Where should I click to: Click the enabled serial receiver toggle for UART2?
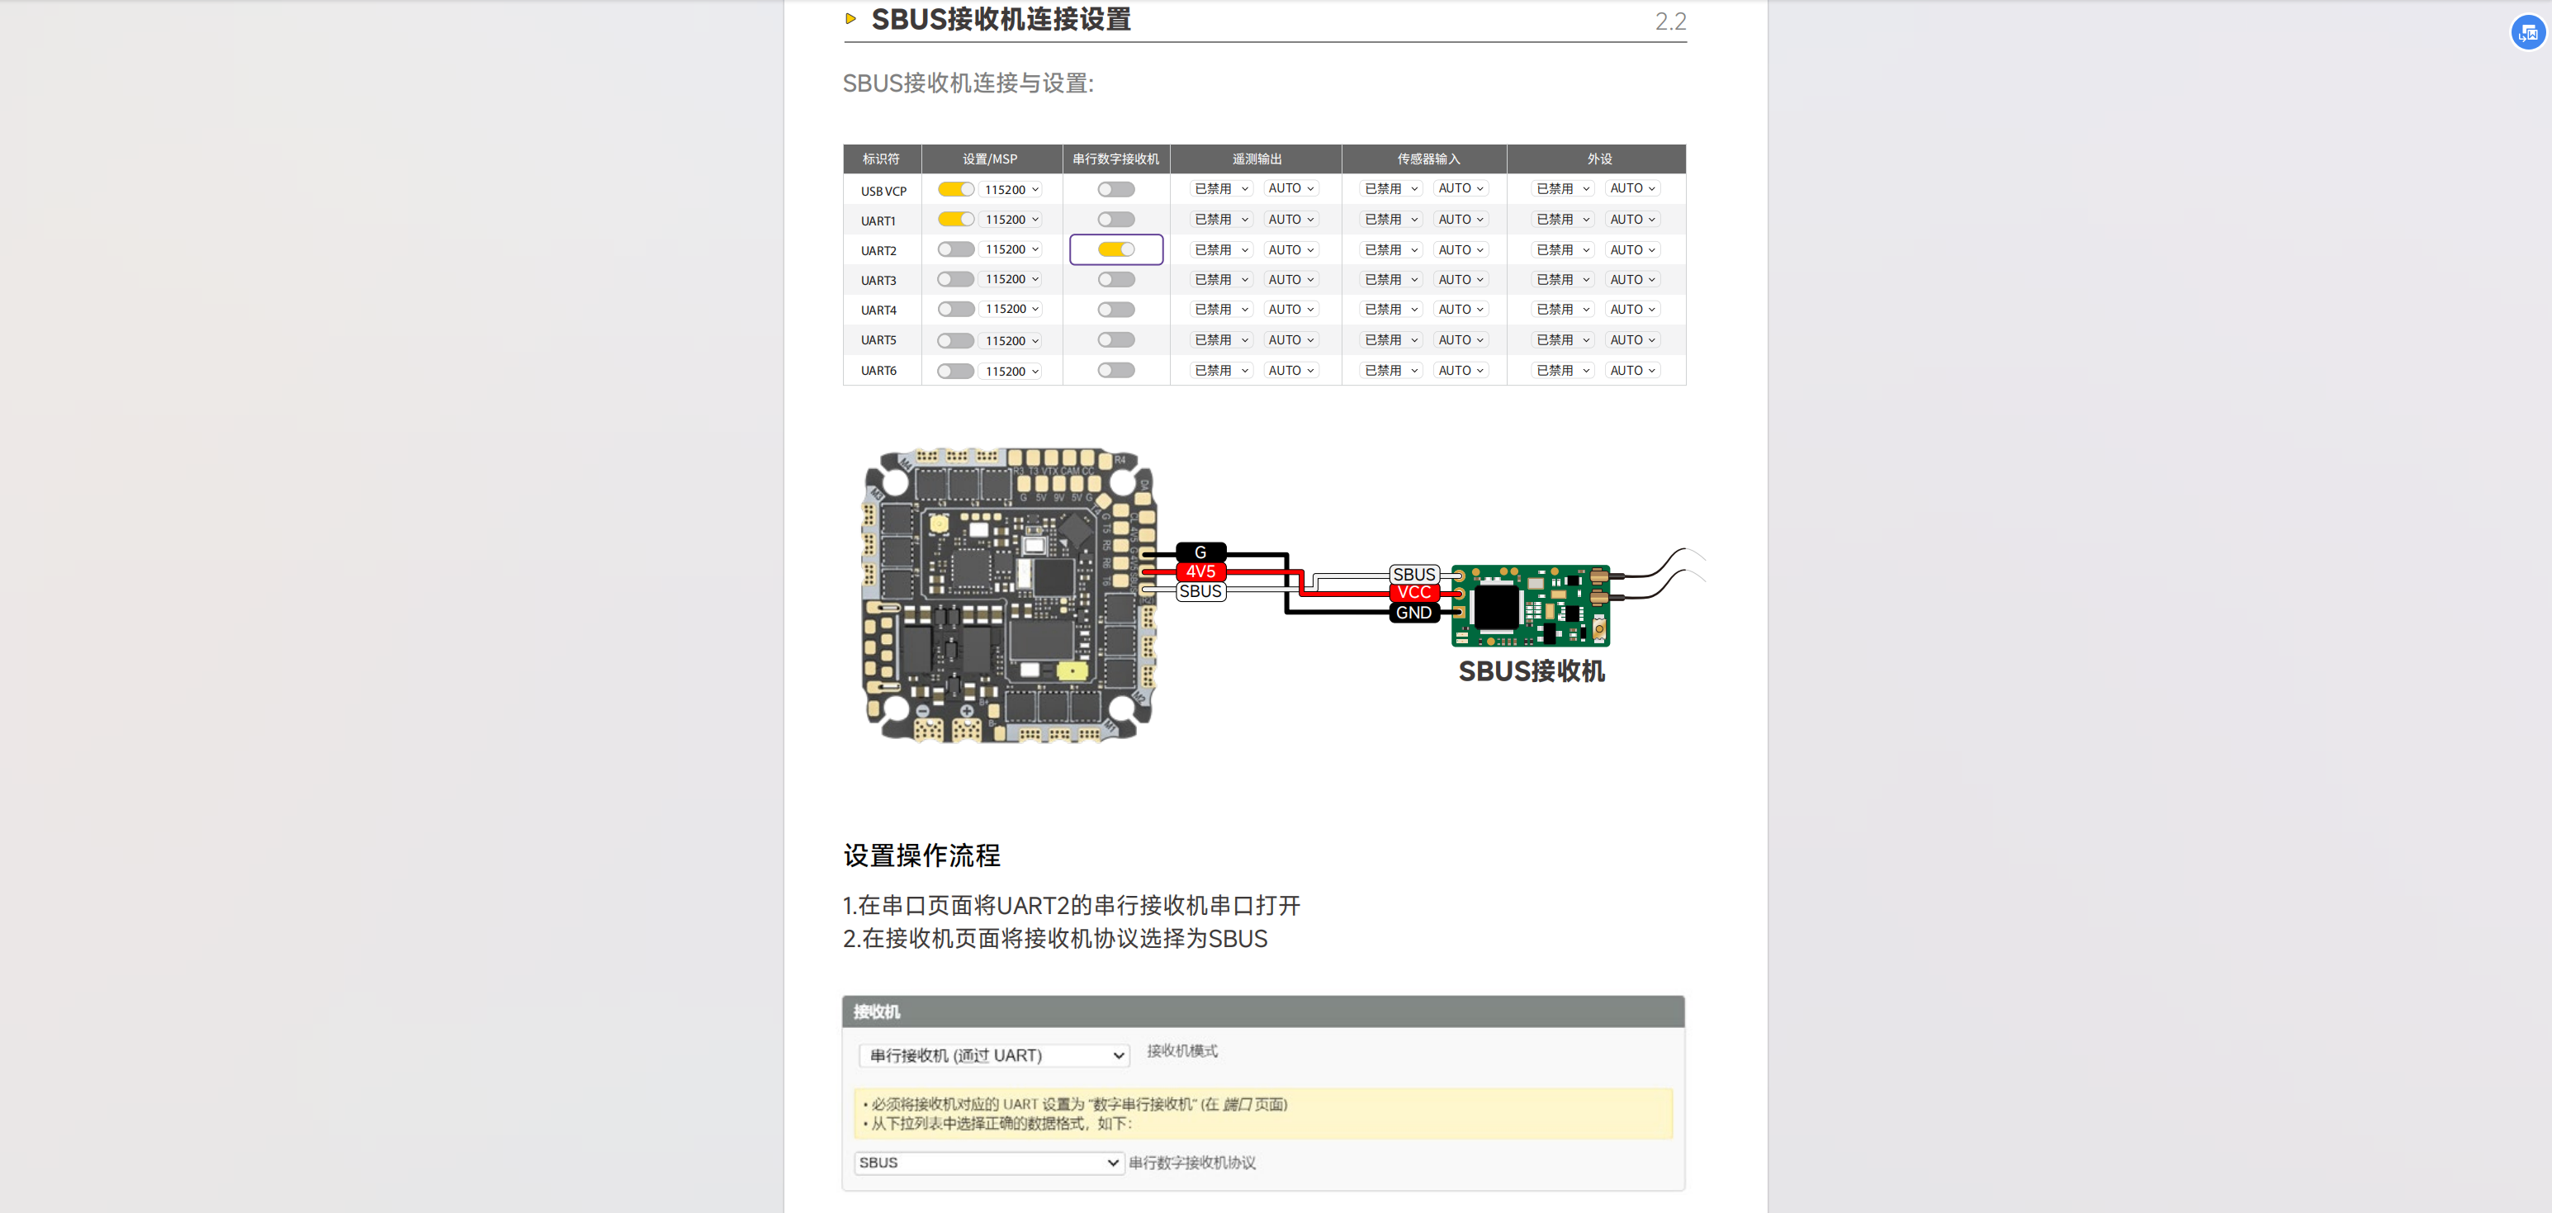(x=1115, y=249)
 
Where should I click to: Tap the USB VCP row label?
(x=883, y=192)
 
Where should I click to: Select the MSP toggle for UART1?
(x=955, y=219)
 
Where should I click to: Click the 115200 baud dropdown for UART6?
(x=1011, y=372)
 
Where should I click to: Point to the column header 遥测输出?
(x=1257, y=159)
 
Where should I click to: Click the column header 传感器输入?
(x=1428, y=159)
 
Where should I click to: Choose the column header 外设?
(x=1599, y=159)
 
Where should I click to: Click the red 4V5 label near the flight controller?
(x=1200, y=571)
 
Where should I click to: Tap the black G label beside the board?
(x=1200, y=552)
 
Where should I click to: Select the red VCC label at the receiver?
(x=1413, y=593)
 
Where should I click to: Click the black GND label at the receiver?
(x=1413, y=613)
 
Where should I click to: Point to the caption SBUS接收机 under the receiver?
(x=1531, y=671)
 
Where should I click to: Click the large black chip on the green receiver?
(x=1495, y=606)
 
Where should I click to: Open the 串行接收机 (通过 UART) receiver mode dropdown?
(x=994, y=1055)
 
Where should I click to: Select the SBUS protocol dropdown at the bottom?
(x=987, y=1163)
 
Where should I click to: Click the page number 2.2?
(x=1670, y=21)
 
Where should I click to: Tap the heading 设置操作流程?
(x=921, y=855)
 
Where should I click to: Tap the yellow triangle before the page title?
(x=850, y=19)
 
